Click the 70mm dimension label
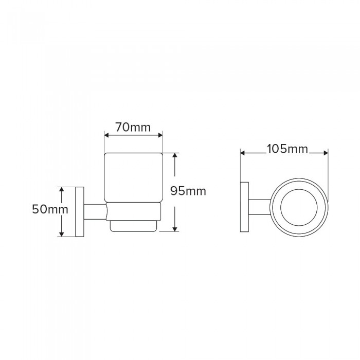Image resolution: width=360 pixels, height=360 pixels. click(x=133, y=127)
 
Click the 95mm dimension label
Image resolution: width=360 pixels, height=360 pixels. click(x=188, y=191)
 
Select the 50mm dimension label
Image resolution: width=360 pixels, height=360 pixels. click(x=50, y=209)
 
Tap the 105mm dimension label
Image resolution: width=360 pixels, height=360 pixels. click(x=287, y=149)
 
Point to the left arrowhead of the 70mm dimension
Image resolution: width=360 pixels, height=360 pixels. click(x=107, y=135)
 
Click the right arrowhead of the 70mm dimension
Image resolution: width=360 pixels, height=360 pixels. click(x=160, y=135)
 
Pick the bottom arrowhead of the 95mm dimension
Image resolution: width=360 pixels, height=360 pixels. click(x=175, y=229)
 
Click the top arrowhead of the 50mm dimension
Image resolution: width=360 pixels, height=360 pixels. click(x=61, y=189)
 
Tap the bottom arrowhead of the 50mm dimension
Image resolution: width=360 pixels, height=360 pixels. click(x=61, y=234)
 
